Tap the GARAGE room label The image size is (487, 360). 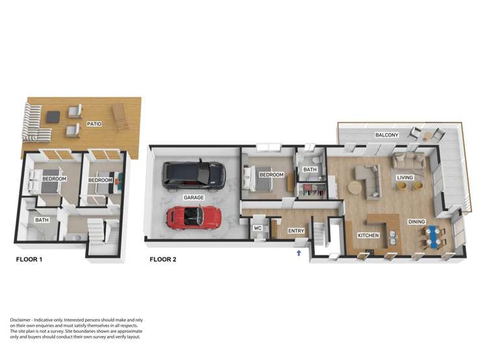click(193, 197)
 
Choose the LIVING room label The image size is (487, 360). click(406, 177)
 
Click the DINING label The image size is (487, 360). click(416, 222)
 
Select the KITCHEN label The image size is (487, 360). click(368, 235)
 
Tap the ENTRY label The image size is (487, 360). click(296, 230)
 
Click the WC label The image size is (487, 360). click(257, 228)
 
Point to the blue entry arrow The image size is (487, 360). click(299, 253)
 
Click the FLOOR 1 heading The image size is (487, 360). click(29, 259)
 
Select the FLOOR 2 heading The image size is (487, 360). click(163, 259)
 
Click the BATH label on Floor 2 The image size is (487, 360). click(310, 170)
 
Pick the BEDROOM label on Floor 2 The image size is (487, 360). click(271, 175)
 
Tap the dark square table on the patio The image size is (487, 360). click(53, 117)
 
